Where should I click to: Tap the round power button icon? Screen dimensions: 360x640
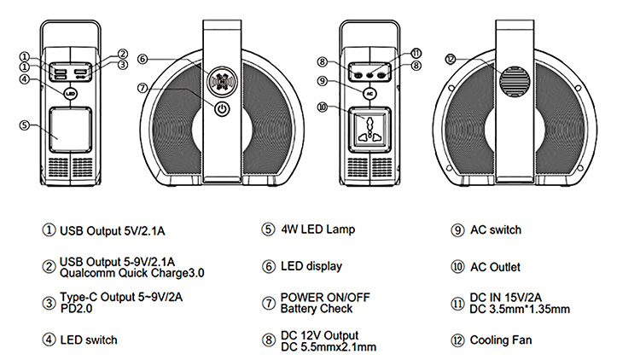[x=222, y=108]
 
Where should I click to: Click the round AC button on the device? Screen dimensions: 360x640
[x=369, y=91]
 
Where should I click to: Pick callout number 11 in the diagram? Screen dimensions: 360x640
[x=416, y=53]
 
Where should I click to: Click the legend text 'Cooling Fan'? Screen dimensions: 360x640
[x=502, y=340]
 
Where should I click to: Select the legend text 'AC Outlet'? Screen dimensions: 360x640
[x=495, y=267]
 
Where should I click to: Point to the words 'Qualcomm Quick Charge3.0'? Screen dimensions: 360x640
[x=132, y=273]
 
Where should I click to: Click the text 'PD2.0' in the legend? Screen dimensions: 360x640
[x=76, y=308]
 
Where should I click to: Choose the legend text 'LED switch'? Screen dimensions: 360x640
[x=89, y=340]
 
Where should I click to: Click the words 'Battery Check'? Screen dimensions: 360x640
[x=317, y=309]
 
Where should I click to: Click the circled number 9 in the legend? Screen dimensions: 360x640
[x=457, y=230]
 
